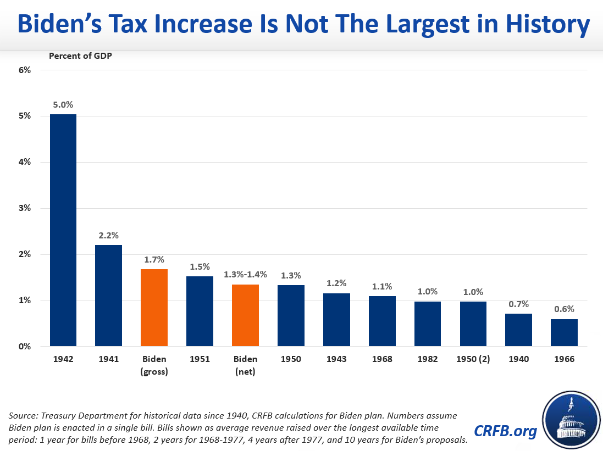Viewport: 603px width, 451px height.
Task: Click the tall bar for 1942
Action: pos(63,230)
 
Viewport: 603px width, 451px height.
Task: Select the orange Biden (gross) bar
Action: pos(154,308)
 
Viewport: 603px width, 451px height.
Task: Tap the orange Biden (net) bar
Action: pos(245,315)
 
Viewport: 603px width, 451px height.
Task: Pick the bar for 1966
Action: pos(564,333)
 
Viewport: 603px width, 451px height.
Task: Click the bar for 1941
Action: pos(108,296)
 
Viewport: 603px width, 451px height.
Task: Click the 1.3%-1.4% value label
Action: pos(245,274)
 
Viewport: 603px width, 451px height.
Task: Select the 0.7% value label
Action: pos(518,303)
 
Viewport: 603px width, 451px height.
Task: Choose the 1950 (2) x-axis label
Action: pos(473,359)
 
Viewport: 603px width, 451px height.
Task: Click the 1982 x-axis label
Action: pos(427,359)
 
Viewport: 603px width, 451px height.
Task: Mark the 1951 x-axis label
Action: pos(200,359)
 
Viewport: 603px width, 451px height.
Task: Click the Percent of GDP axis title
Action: pos(80,55)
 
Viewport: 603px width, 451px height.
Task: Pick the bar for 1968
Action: pos(381,321)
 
